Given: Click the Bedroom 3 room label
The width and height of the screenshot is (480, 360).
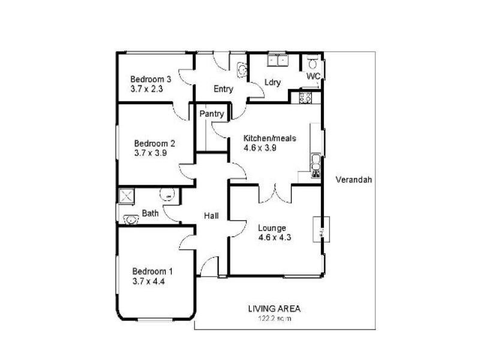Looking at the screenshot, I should coord(151,79).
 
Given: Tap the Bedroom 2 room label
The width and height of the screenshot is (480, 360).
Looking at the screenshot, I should coord(154,143).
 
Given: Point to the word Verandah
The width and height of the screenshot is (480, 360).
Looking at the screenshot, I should coord(355,179).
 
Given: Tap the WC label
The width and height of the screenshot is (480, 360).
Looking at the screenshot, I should coord(313,77).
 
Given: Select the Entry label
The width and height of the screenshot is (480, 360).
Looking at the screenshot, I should coord(223,89).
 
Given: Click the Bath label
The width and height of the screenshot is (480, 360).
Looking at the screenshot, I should coord(150,213).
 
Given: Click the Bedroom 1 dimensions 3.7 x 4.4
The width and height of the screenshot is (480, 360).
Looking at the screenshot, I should coord(148,280).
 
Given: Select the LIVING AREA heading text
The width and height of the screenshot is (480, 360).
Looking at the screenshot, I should coord(274,309).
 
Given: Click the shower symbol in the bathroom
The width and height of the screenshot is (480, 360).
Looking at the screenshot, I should coord(127,196).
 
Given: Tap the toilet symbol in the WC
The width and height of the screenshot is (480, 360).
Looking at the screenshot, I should coord(312,62).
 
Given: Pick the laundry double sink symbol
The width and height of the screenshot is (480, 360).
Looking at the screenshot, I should coord(278,60).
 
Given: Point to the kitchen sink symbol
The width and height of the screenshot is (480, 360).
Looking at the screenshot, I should coord(316,163).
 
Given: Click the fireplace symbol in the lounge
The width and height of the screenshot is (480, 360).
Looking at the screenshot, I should coord(321,229).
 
